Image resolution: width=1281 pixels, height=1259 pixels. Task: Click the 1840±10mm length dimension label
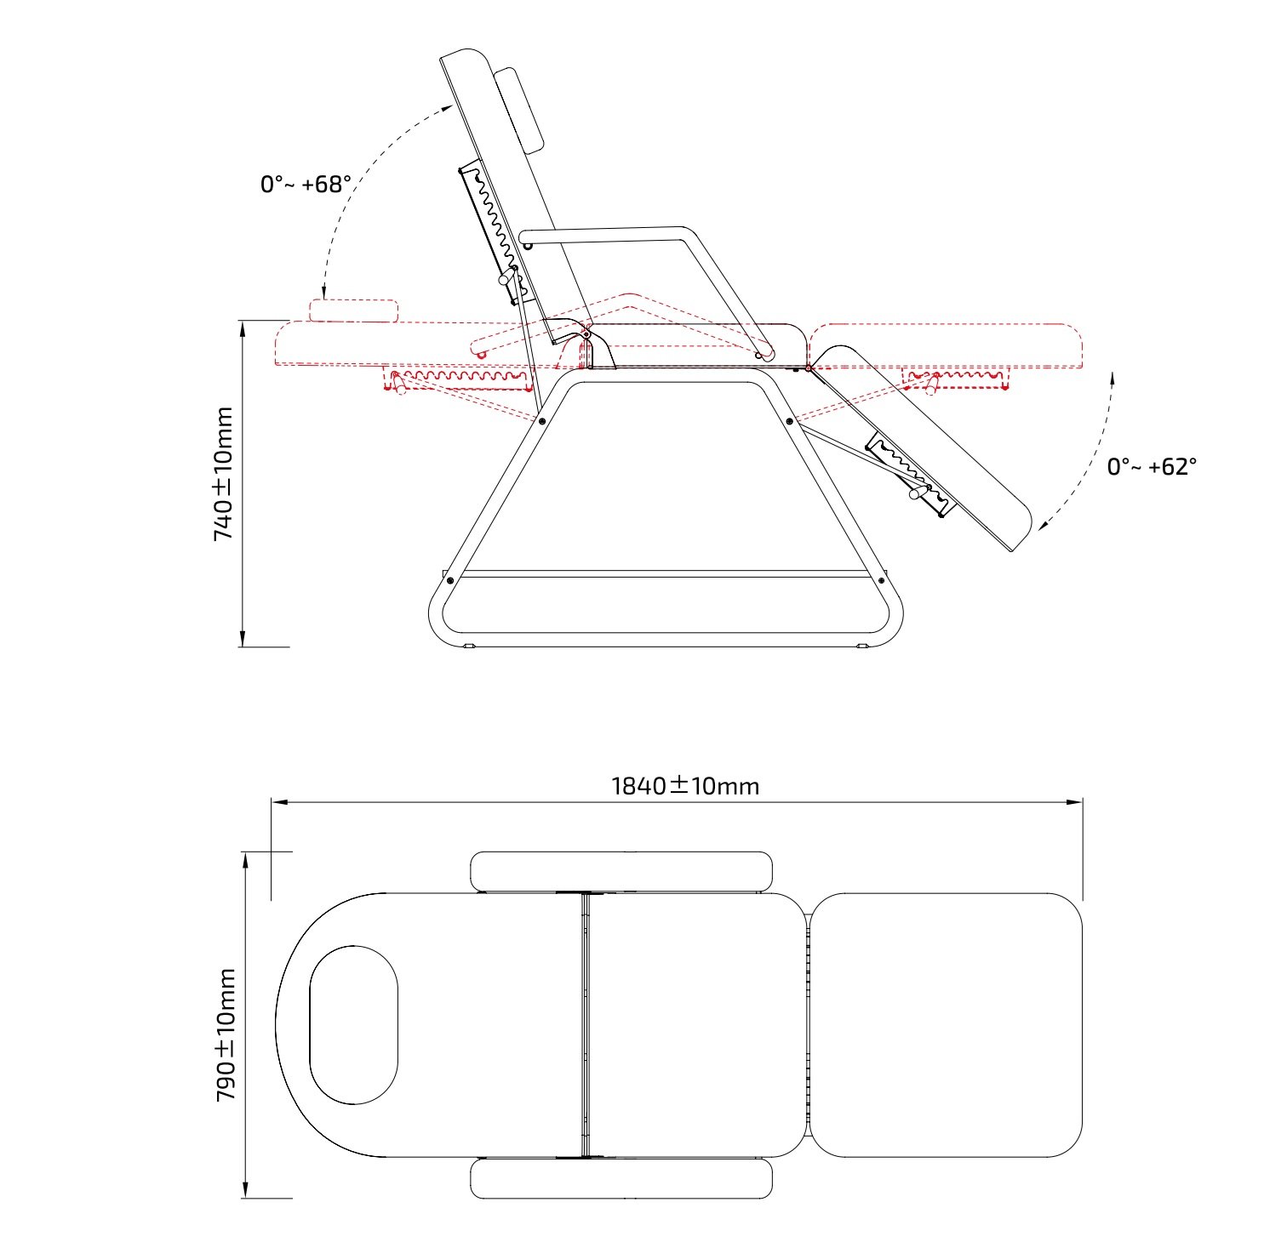685,785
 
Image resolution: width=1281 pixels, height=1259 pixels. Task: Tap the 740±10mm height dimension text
224,475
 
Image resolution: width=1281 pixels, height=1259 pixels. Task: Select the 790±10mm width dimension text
226,1035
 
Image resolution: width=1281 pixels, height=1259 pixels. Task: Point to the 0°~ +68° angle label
306,184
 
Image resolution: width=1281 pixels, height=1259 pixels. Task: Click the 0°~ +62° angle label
1152,466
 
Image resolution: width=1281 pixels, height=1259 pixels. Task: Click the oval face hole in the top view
353,1025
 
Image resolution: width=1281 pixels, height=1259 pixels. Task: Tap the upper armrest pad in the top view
621,871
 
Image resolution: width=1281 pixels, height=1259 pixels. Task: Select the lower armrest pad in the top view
621,1178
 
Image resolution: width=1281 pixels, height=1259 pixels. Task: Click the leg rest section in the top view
946,1025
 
